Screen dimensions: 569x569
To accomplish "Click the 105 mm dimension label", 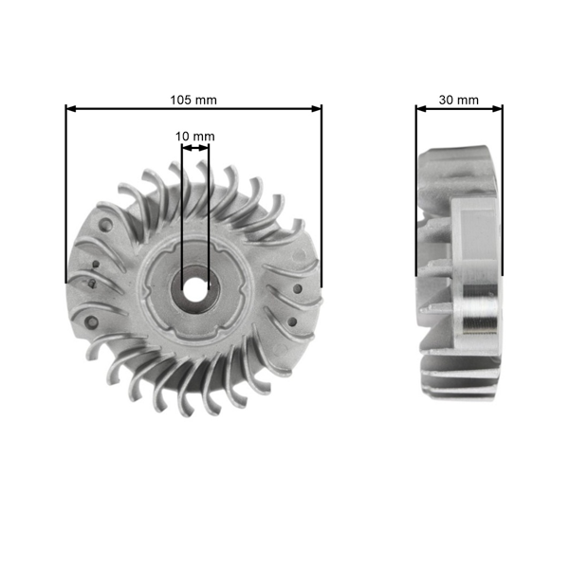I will click(193, 99).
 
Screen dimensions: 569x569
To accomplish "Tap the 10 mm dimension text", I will click(194, 137).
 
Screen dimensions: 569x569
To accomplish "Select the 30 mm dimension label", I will click(459, 99).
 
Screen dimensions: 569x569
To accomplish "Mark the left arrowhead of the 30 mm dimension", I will click(420, 108).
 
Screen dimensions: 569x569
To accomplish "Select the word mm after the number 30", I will click(468, 99).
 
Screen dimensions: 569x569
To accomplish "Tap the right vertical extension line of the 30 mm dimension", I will click(503, 190).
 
